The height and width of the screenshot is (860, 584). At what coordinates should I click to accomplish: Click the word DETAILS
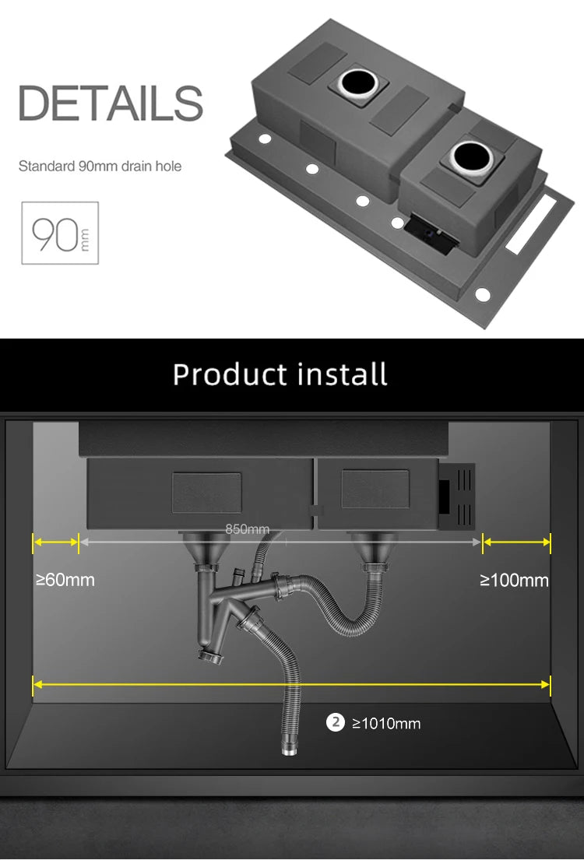click(x=111, y=103)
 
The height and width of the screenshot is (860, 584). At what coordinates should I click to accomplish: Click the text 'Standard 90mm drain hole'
click(x=100, y=167)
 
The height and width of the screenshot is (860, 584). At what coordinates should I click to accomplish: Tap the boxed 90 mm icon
click(x=60, y=233)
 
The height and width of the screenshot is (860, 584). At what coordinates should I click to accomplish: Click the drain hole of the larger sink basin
click(x=358, y=82)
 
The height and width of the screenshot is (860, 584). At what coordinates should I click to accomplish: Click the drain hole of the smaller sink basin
click(x=471, y=156)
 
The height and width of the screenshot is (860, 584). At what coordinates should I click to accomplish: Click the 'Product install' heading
click(x=280, y=374)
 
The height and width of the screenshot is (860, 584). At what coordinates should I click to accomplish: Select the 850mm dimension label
click(x=248, y=529)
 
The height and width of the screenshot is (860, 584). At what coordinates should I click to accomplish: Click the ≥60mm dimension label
click(x=65, y=580)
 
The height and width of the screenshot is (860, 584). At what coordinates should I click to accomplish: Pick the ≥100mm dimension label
click(x=514, y=580)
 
